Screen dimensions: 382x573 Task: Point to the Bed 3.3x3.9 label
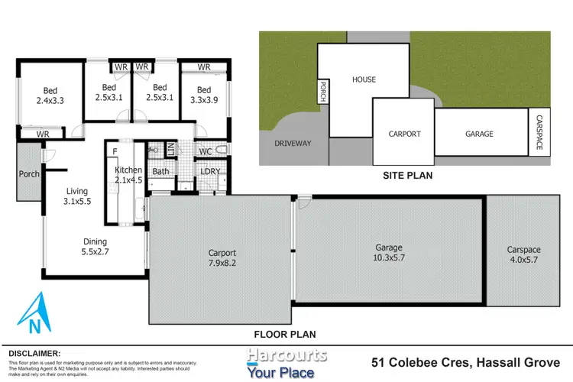point(203,93)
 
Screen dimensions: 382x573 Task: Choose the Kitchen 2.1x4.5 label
point(128,175)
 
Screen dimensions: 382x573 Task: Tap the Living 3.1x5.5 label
point(76,197)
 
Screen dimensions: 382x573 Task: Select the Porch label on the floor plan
point(29,174)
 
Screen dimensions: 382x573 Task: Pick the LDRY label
point(210,171)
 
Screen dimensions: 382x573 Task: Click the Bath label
point(160,171)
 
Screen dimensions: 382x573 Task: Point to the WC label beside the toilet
point(205,151)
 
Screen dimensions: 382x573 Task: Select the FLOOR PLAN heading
point(285,334)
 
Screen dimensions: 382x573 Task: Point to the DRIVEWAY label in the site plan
point(293,143)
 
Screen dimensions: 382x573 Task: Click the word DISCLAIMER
point(34,353)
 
